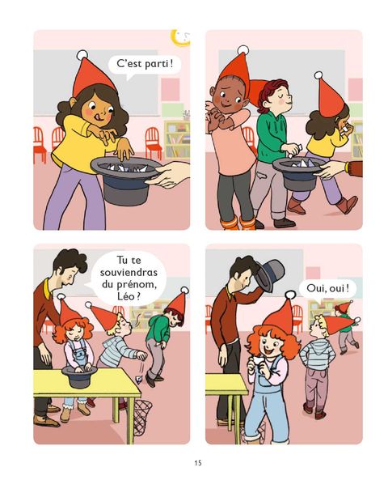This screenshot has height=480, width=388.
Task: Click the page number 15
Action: pos(198,462)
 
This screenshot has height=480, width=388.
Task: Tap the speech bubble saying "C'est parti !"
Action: pos(145,66)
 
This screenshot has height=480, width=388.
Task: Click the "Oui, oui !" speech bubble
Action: pos(327,289)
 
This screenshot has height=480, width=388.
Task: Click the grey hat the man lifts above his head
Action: pos(269,274)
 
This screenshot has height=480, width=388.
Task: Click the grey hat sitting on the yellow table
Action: pos(79,376)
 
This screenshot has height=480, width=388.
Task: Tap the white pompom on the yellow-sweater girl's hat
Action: pos(82,55)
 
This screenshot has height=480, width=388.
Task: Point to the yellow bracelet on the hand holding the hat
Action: pos(347,167)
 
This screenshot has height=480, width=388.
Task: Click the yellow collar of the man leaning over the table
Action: pos(47,289)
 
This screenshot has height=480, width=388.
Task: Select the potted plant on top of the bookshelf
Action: pos(186,115)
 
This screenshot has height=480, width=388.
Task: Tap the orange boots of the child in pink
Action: pos(238,223)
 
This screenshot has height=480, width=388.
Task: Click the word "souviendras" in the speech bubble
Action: pos(129,272)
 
